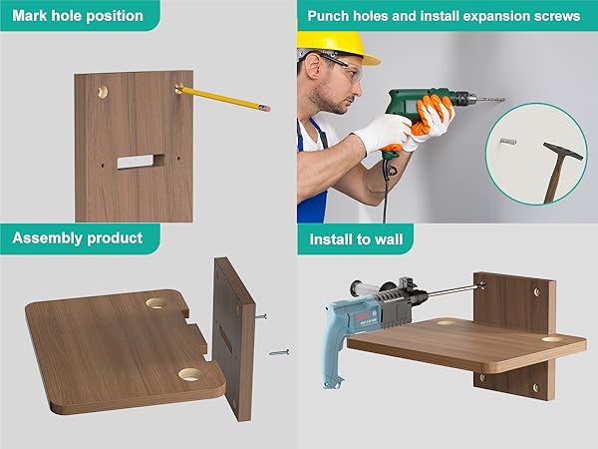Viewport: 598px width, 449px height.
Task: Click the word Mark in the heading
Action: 30,16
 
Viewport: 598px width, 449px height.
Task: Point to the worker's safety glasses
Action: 343,66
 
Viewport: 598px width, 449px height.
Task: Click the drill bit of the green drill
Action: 489,100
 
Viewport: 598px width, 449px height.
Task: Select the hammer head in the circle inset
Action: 563,151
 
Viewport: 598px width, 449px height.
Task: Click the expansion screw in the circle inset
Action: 508,142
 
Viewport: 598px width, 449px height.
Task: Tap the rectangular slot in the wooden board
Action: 141,161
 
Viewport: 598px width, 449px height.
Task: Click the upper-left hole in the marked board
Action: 103,92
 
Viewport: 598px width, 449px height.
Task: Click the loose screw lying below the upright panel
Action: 279,352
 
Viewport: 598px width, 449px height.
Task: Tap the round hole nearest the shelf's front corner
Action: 189,374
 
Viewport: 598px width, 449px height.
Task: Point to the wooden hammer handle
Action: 555,181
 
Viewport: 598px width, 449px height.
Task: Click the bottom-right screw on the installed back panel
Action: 537,387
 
